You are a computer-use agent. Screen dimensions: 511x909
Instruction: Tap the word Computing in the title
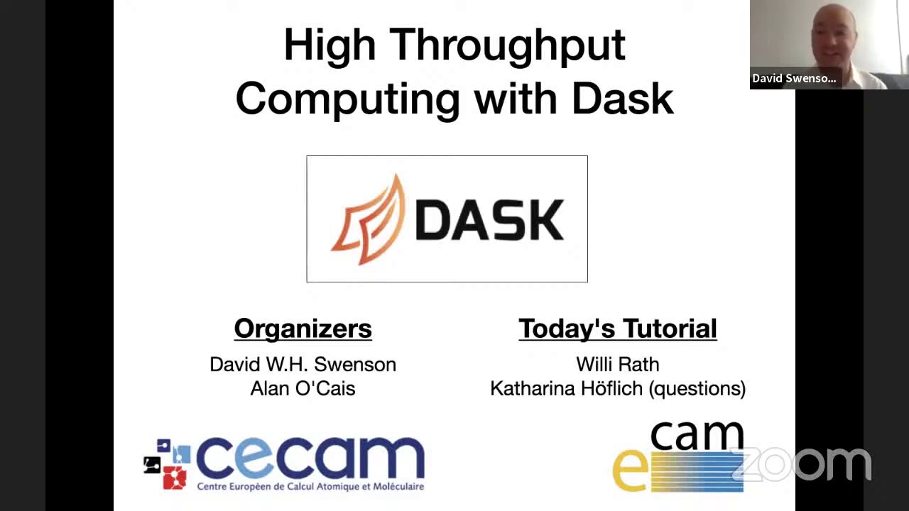(347, 99)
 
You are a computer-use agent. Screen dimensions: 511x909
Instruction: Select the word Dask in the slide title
(622, 98)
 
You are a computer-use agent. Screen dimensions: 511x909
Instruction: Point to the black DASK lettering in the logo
(489, 220)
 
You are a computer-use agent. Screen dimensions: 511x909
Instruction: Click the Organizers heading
(303, 329)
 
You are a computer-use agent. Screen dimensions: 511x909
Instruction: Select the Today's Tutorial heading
(617, 329)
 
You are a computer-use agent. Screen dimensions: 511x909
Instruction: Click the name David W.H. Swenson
(303, 365)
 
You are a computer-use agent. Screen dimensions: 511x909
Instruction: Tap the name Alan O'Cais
(303, 388)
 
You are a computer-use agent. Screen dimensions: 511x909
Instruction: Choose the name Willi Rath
(617, 365)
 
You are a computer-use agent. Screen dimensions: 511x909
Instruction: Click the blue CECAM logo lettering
(310, 458)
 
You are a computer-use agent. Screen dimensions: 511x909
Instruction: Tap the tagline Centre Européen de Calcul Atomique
(310, 487)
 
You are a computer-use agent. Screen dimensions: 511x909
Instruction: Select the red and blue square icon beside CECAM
(168, 465)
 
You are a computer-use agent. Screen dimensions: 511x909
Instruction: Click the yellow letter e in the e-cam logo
(629, 471)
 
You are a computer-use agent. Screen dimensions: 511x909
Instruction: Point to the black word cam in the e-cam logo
(697, 435)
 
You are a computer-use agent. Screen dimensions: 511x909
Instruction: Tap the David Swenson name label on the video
(794, 78)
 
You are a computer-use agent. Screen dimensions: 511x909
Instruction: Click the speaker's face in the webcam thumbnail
(832, 35)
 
